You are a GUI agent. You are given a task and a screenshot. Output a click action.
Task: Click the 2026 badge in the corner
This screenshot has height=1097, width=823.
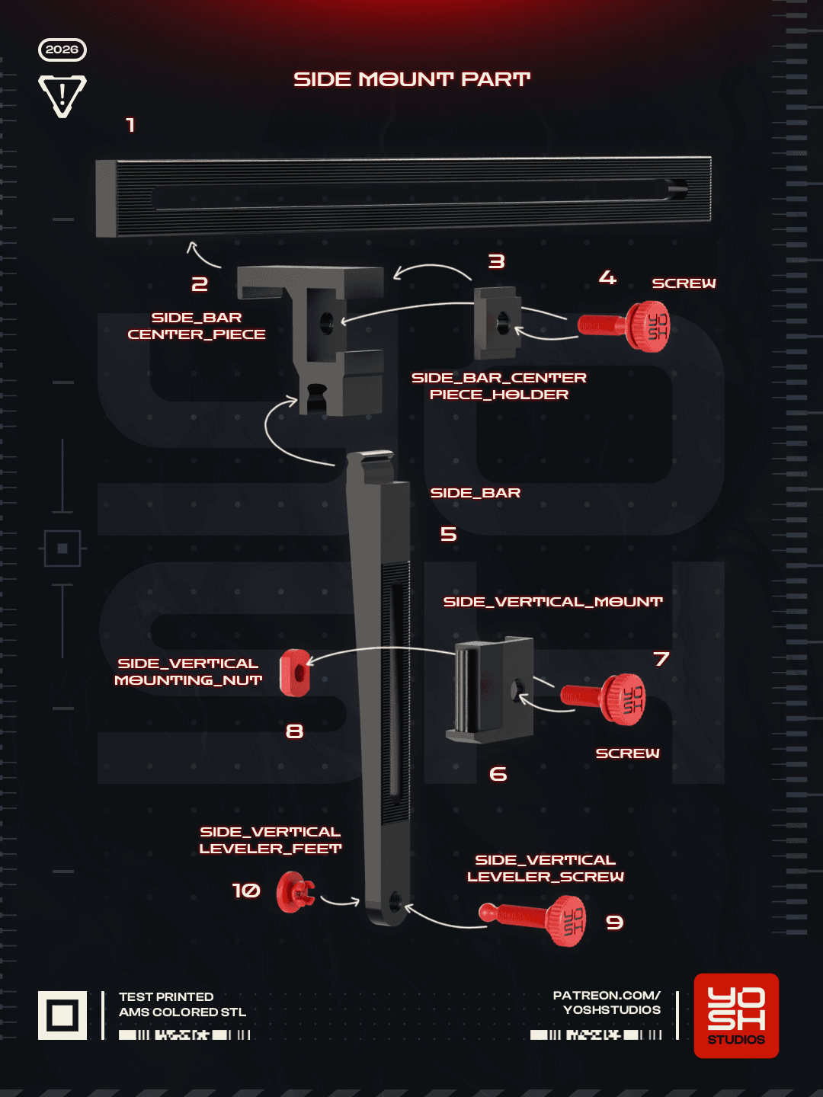coord(62,50)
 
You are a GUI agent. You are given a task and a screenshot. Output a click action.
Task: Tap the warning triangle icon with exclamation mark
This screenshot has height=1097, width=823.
coord(62,95)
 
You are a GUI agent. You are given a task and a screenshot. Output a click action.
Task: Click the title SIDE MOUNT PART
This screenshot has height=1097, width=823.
coord(411,79)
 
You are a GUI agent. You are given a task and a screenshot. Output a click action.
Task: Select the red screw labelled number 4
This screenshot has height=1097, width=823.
coord(623,326)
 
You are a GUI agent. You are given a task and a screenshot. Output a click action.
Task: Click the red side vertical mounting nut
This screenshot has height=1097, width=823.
coord(296,673)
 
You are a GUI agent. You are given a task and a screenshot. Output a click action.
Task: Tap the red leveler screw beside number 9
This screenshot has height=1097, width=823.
coord(533,920)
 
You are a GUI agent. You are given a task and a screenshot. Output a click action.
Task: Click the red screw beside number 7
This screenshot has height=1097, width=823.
coord(604,699)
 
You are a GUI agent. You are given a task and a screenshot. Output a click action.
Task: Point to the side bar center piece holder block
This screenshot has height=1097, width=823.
coord(498,323)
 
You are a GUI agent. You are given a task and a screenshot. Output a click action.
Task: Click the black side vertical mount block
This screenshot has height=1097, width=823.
coord(490,689)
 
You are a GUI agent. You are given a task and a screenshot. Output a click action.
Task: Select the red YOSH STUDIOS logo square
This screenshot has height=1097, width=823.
coord(736,1015)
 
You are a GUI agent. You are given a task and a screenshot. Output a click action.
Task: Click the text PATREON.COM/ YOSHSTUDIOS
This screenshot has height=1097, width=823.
coord(607,1003)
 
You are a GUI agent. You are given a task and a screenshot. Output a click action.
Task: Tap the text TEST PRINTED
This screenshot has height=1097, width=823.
coord(166,996)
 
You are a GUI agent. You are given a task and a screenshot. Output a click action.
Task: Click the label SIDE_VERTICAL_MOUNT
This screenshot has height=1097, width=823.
coord(552,602)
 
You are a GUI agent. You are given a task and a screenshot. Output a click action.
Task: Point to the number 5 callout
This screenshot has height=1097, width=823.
coord(449,534)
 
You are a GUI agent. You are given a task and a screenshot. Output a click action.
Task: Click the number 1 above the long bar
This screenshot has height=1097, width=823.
coord(130,125)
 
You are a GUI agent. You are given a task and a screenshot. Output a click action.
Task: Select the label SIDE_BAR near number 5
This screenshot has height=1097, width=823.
coord(476,493)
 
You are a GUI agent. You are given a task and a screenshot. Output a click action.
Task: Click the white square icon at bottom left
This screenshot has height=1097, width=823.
coord(62,1015)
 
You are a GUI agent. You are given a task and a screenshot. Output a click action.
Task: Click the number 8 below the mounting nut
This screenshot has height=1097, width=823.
coord(294,731)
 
